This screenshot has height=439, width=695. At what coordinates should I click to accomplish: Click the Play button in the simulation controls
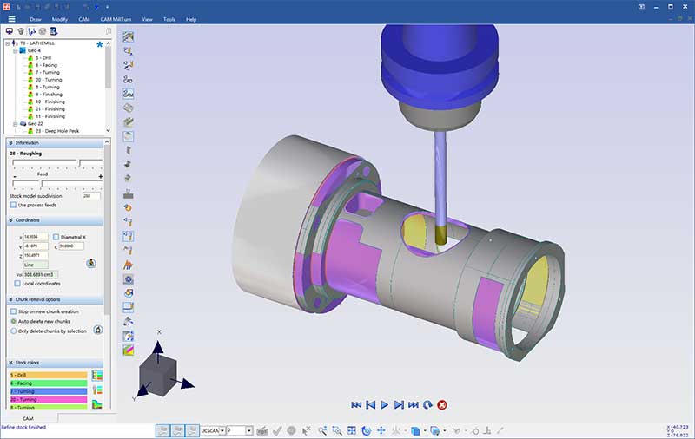[384, 404]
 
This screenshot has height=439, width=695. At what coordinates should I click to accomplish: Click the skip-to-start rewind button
[356, 404]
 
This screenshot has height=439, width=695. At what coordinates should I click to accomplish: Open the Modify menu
[59, 18]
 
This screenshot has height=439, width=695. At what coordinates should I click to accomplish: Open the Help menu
[191, 18]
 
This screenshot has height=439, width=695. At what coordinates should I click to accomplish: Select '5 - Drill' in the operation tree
[43, 57]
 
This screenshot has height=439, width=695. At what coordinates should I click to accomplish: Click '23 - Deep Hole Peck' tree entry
[54, 130]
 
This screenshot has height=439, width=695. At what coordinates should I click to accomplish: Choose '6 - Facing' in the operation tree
[45, 65]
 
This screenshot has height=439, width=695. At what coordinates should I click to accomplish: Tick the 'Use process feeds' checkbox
[13, 205]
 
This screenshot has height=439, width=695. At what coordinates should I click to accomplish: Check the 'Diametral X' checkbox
[56, 236]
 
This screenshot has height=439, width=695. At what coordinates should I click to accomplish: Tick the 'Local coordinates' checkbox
[13, 284]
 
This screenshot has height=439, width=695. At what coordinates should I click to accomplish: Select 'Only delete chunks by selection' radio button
[13, 331]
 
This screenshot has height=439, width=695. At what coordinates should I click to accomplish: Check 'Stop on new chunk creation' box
[13, 311]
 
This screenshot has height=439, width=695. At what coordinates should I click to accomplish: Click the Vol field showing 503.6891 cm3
[40, 274]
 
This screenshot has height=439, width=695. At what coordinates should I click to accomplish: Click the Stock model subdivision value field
[91, 195]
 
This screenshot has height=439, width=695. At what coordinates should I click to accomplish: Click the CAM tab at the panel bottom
[28, 418]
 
